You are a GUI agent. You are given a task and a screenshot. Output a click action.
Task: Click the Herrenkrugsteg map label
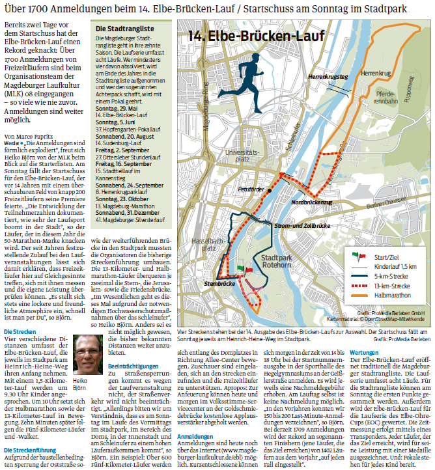[328, 77]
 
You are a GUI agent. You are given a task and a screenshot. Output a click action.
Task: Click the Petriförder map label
[251, 189]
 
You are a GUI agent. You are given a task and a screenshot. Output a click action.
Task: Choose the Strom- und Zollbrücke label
[302, 225]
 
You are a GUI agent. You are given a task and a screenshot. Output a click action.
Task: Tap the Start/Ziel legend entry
[389, 256]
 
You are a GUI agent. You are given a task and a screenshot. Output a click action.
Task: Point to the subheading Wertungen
[363, 352]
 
